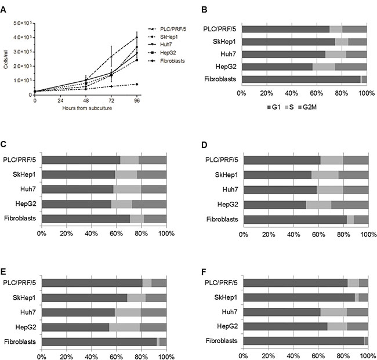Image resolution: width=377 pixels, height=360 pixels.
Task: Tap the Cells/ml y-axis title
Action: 6,58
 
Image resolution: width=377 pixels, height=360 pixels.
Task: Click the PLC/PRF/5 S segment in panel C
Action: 129,160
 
